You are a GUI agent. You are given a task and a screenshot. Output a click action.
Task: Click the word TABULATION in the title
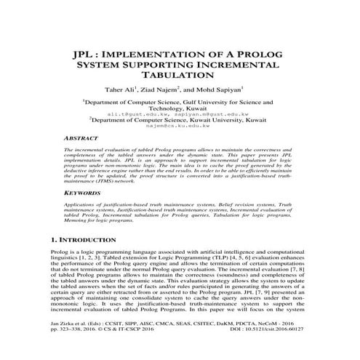pos(179,75)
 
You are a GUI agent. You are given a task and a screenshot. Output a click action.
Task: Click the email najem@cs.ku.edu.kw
pos(179,125)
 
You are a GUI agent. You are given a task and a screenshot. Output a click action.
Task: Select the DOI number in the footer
pos(290,348)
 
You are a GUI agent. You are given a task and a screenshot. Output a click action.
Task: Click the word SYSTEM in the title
pos(100,65)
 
